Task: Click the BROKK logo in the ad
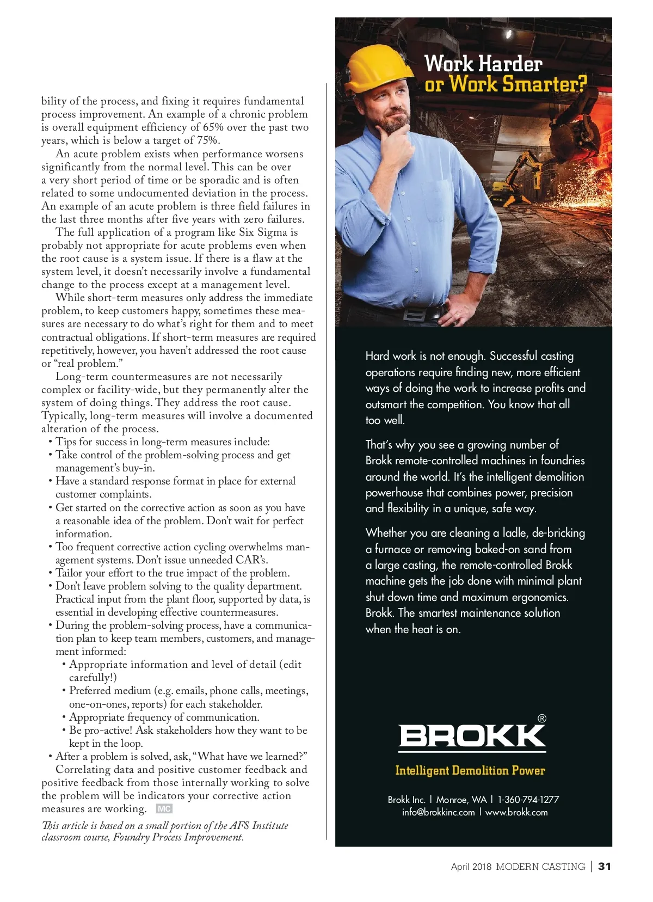[472, 736]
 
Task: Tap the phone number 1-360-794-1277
[528, 800]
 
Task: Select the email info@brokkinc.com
[439, 812]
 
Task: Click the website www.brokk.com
[516, 812]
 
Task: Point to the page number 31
[605, 867]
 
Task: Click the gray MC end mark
[164, 809]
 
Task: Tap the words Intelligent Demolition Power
[470, 770]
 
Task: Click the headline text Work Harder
[483, 64]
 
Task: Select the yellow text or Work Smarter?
[506, 84]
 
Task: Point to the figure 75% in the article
[208, 140]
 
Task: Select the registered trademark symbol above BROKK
[541, 719]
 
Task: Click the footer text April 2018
[471, 867]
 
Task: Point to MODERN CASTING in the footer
[540, 867]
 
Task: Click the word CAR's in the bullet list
[251, 560]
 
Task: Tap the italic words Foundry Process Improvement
[177, 837]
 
